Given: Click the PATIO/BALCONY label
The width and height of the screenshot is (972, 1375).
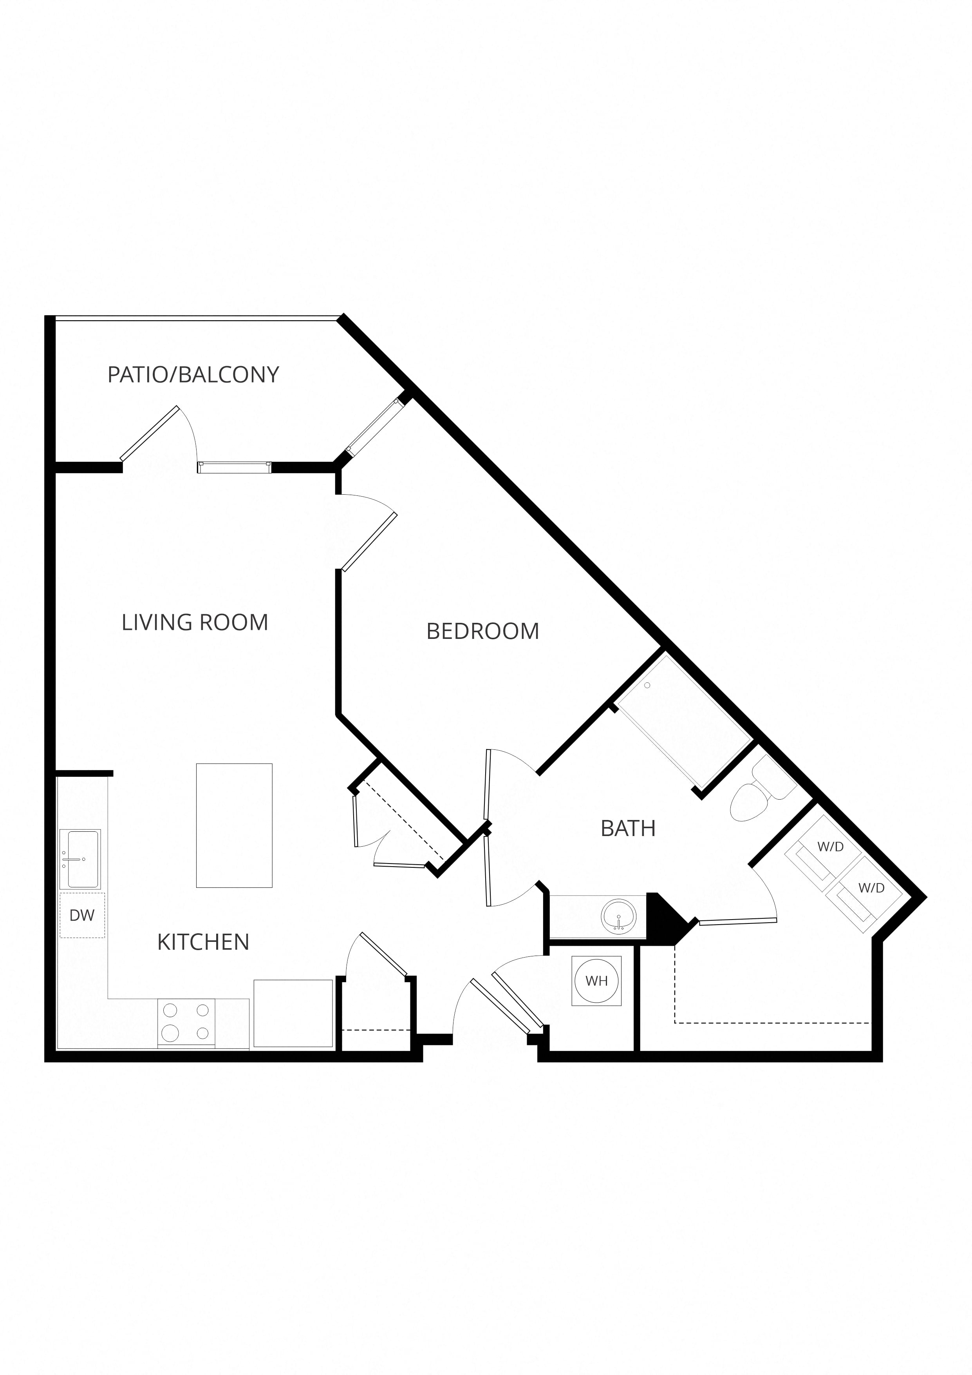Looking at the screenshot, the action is [193, 374].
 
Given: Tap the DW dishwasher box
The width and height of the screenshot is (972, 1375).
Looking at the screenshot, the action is [83, 915].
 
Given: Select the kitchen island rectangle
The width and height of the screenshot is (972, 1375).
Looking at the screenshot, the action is [234, 825].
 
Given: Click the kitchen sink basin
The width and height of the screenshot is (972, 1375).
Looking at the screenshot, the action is [80, 859].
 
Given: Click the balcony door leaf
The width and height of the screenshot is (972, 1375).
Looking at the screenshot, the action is [149, 434].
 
